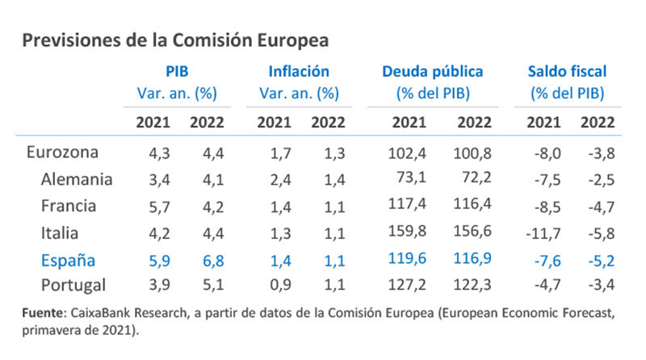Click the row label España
(x=69, y=260)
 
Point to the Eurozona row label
(x=62, y=152)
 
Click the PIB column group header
(x=177, y=72)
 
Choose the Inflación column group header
(x=298, y=72)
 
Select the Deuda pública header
(x=433, y=72)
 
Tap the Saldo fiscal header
(x=567, y=72)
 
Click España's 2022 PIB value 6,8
(x=207, y=261)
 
